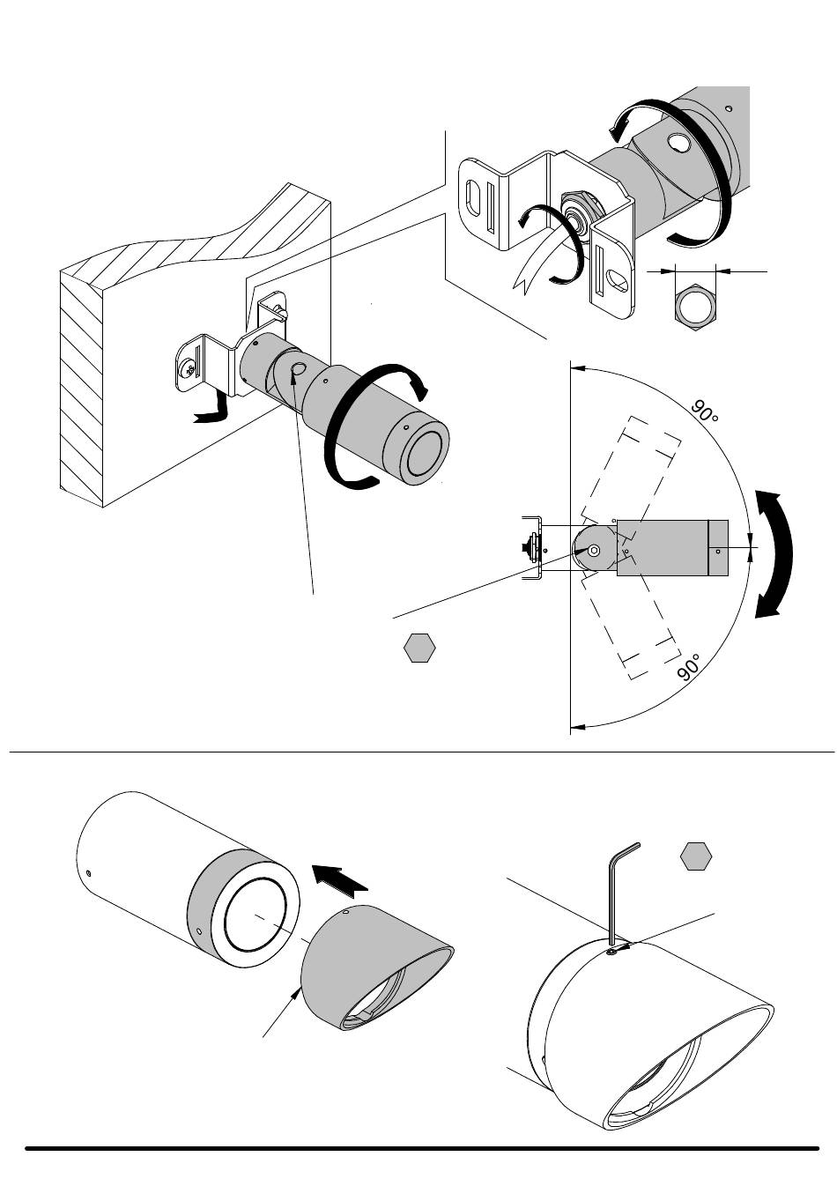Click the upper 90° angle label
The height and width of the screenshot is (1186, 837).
(704, 411)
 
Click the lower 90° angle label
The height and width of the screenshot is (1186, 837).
(690, 666)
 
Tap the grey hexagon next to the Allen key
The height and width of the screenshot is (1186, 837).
(696, 856)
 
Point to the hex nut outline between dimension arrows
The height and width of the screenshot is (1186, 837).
(696, 306)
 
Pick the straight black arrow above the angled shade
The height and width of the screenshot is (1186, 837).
(340, 879)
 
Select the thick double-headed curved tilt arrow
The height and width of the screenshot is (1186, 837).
(774, 554)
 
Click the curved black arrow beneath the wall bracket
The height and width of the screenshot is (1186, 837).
(211, 411)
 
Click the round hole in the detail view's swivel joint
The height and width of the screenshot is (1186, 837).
(678, 143)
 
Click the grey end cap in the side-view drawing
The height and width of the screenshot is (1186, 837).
(718, 548)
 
